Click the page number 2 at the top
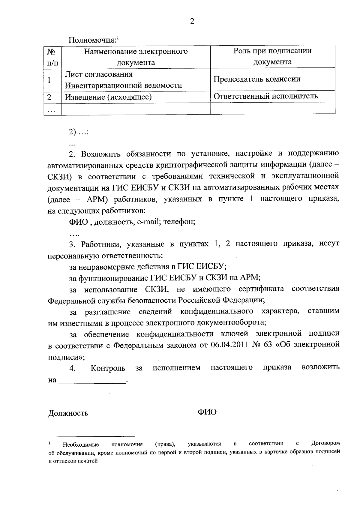click(192, 22)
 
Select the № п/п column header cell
click(52, 57)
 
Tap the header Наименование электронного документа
click(136, 57)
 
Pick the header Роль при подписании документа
click(272, 56)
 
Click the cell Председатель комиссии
click(257, 79)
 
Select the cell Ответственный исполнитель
click(265, 96)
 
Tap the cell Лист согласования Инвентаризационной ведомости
click(124, 80)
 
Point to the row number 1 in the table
click(49, 80)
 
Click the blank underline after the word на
click(92, 380)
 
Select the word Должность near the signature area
click(68, 413)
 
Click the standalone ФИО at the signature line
click(207, 412)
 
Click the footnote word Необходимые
click(81, 445)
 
